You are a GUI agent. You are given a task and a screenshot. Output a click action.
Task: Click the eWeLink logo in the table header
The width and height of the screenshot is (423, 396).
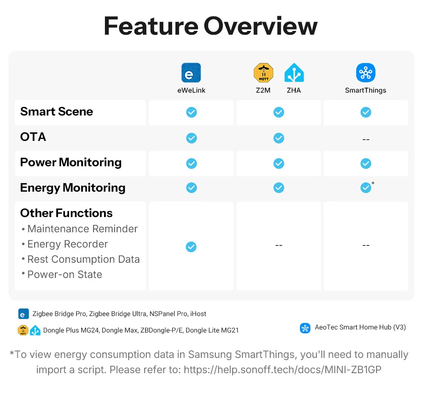pyautogui.click(x=191, y=73)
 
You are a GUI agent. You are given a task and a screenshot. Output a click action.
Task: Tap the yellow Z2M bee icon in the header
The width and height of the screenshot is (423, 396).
pyautogui.click(x=264, y=73)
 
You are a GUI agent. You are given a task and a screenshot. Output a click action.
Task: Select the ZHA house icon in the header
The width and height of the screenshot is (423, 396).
pyautogui.click(x=294, y=73)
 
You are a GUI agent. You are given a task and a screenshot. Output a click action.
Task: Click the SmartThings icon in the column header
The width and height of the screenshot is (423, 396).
pyautogui.click(x=365, y=73)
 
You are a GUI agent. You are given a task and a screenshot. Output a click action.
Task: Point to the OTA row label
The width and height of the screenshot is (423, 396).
pyautogui.click(x=33, y=137)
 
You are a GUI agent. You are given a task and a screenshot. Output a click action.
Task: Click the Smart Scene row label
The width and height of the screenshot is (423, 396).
pyautogui.click(x=57, y=111)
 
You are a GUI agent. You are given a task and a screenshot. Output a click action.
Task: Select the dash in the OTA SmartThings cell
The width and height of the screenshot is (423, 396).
pyautogui.click(x=366, y=140)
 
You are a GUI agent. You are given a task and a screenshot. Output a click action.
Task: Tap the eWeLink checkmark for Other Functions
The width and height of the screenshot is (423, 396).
pyautogui.click(x=191, y=247)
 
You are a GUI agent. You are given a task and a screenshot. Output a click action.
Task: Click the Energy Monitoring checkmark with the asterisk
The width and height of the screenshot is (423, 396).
pyautogui.click(x=366, y=187)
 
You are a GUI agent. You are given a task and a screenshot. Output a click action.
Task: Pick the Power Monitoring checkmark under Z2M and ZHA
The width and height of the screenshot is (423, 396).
pyautogui.click(x=279, y=163)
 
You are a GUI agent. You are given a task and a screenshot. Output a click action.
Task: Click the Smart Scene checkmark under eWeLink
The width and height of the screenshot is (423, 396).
pyautogui.click(x=191, y=112)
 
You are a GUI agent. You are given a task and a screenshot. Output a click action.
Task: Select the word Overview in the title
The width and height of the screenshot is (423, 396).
pyautogui.click(x=260, y=26)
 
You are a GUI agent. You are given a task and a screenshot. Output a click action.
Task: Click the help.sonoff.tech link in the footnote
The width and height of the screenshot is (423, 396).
pyautogui.click(x=283, y=370)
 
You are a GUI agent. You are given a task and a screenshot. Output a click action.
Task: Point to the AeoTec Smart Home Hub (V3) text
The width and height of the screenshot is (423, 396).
pyautogui.click(x=360, y=327)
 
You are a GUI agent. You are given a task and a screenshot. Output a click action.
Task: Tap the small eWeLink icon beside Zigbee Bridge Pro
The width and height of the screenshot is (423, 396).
pyautogui.click(x=23, y=314)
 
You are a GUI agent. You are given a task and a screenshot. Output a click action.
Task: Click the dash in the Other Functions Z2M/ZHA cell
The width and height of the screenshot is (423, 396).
pyautogui.click(x=279, y=245)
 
